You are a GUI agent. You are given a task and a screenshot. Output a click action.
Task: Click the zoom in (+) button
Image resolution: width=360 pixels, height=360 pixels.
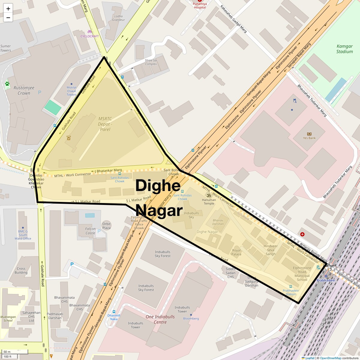tap(8, 8)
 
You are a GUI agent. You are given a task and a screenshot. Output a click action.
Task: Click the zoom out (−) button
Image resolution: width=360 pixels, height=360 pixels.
tap(8, 18)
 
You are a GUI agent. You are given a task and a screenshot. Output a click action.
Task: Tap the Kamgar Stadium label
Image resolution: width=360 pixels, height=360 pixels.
tap(344, 49)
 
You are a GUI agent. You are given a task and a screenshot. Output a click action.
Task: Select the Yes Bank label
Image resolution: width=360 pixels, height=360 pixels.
tap(309, 138)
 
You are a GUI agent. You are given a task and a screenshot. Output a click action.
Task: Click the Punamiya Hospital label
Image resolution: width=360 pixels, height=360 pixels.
tap(200, 6)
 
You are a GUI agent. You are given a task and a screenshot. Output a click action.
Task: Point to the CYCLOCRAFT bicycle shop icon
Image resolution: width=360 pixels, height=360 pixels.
tap(89, 31)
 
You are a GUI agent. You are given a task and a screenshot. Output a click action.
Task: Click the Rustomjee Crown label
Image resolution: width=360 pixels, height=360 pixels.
tap(24, 90)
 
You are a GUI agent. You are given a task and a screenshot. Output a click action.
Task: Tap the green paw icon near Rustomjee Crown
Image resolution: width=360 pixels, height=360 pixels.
tap(7, 84)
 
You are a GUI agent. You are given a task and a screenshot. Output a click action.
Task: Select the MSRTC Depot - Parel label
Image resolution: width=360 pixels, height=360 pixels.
tap(105, 124)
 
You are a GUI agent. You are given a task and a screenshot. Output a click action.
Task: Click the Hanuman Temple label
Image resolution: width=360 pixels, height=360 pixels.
tap(209, 202)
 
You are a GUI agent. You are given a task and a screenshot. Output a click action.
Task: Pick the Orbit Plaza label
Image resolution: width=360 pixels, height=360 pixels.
tap(106, 226)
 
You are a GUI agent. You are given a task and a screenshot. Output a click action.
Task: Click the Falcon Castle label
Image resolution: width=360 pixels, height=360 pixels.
tap(90, 231)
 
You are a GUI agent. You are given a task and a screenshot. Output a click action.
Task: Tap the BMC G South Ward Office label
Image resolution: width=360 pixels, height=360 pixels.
tap(23, 235)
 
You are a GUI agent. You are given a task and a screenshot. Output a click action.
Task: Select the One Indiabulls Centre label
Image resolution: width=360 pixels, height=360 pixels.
tap(160, 319)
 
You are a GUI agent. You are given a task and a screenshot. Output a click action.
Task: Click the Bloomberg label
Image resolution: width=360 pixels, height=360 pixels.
tap(191, 318)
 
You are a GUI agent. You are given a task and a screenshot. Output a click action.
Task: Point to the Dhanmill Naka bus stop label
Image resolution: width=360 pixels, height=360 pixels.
tap(114, 317)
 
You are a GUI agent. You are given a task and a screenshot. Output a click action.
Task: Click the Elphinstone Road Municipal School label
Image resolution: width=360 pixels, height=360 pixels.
tap(302, 274)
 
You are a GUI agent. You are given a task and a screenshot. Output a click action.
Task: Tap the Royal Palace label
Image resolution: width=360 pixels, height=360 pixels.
tap(236, 252)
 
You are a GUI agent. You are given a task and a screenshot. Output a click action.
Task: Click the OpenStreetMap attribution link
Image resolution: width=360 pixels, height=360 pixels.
tap(330, 358)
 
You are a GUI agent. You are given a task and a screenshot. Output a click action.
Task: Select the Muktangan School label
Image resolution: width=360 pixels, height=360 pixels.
tap(8, 319)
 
